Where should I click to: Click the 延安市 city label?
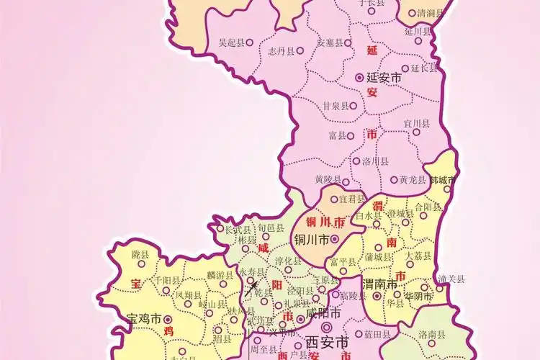tap(384, 77)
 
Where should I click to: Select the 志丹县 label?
tap(282, 51)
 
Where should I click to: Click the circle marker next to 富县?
tap(352, 135)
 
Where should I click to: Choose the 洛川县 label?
tap(375, 161)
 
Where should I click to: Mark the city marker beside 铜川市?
tap(335, 238)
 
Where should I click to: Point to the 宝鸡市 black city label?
tap(144, 318)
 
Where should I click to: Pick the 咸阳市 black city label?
tap(323, 315)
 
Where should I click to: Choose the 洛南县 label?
tap(431, 335)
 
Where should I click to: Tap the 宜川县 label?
tap(416, 124)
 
